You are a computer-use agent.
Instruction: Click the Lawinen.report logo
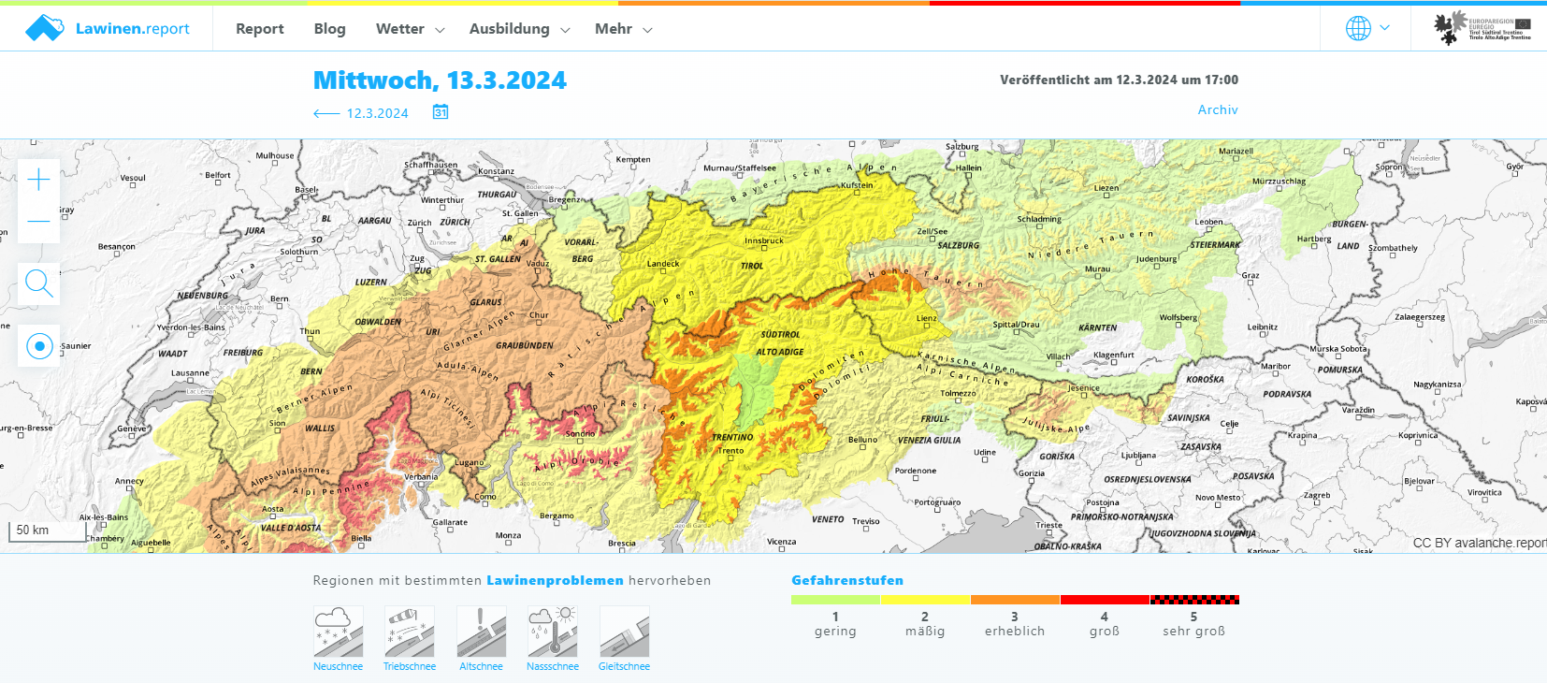(108, 29)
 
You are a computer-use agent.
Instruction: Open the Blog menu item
(329, 29)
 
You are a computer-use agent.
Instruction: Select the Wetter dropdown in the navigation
(410, 29)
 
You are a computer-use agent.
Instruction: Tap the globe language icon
(1358, 28)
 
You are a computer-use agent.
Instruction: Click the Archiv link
(1218, 109)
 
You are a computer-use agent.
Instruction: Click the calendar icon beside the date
(441, 112)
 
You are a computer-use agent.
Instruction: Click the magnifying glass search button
(39, 283)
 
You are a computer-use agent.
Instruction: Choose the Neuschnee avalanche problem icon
(338, 632)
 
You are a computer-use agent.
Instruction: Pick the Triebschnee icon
(410, 632)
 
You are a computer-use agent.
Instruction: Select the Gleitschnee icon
(624, 632)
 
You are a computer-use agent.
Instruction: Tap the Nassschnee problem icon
(553, 632)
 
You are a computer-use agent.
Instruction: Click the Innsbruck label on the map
(764, 240)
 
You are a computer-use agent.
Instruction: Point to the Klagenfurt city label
(1113, 355)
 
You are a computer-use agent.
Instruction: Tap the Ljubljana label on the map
(1138, 456)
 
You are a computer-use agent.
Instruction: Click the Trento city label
(731, 451)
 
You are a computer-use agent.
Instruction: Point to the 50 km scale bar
(33, 530)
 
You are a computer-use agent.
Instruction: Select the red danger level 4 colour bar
(1105, 600)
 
